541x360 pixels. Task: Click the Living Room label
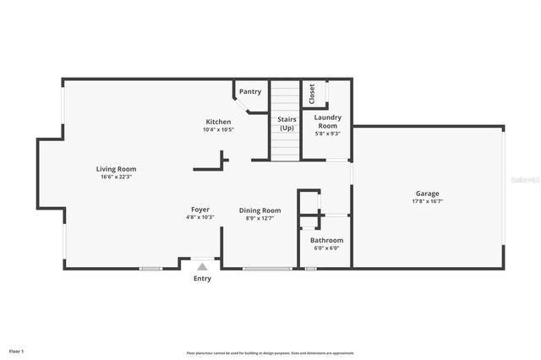coord(116,169)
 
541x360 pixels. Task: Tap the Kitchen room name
coord(218,122)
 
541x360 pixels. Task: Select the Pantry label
coord(250,91)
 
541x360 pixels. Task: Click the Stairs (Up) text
coord(287,124)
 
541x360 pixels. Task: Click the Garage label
coord(428,194)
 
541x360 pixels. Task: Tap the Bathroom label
coord(326,240)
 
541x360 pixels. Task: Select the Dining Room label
coord(260,210)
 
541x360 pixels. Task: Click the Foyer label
coord(200,210)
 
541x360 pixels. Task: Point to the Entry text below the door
coord(202,278)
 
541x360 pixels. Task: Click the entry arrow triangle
coord(202,266)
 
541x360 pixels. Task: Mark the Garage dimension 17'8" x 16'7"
coord(428,201)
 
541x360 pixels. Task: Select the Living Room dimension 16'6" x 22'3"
coord(116,177)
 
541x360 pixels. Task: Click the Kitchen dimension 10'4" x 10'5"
coord(218,129)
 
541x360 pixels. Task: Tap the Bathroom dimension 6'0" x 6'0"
coord(326,248)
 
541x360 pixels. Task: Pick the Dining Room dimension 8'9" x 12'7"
coord(260,218)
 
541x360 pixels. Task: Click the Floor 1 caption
coord(16,351)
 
